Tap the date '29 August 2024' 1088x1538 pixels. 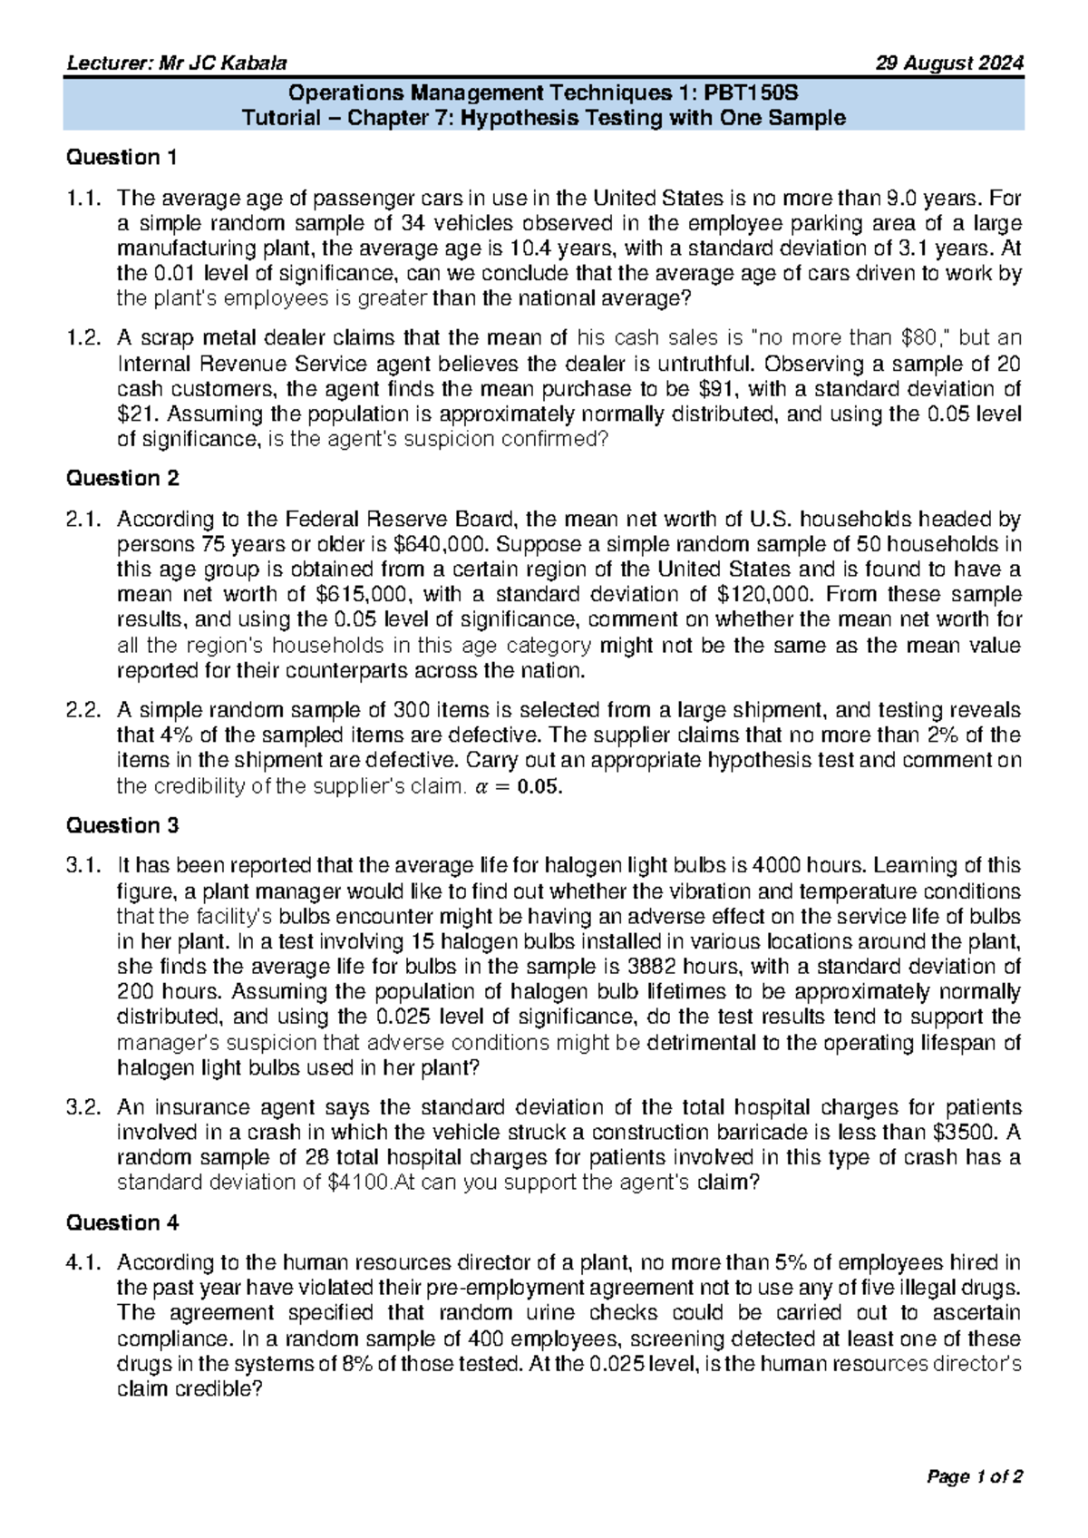click(949, 63)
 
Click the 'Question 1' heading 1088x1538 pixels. click(121, 158)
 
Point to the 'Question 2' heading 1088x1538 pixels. click(122, 479)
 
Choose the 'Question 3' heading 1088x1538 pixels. click(122, 826)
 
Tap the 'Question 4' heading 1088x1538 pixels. click(122, 1223)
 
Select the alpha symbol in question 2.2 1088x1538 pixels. click(481, 787)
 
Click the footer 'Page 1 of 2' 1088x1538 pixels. click(974, 1477)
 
